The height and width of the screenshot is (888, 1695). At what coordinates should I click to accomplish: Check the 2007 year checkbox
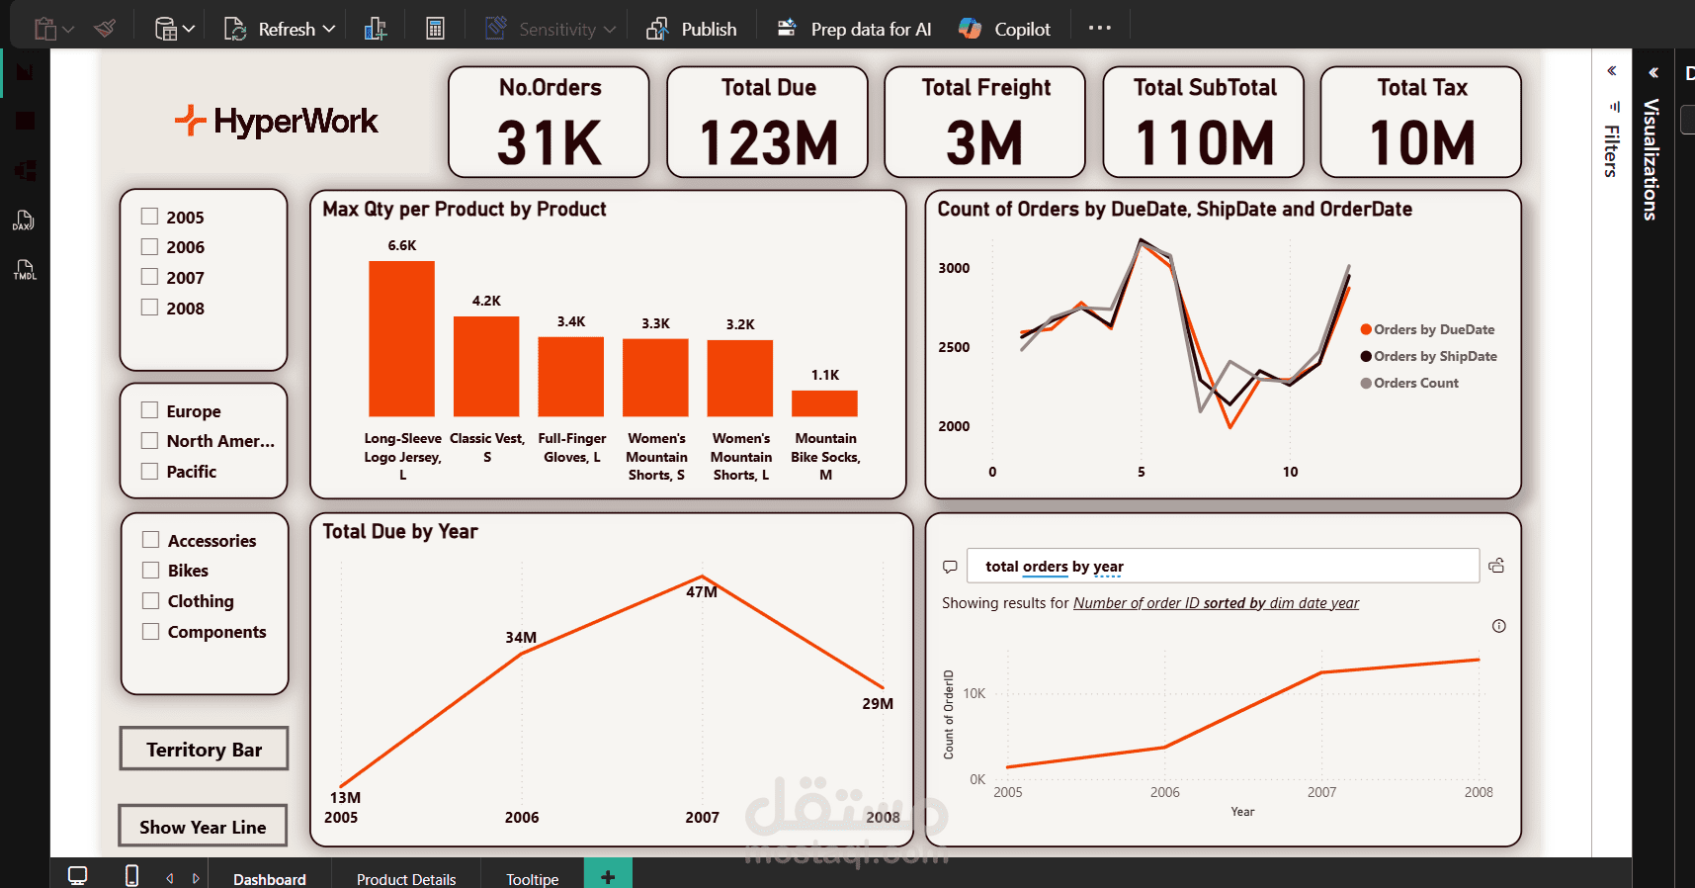(150, 277)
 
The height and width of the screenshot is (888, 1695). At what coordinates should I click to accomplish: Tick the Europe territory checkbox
(150, 410)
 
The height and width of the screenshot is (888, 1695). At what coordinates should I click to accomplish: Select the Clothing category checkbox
(151, 601)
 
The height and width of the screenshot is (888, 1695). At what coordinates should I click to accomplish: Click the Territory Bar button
(204, 750)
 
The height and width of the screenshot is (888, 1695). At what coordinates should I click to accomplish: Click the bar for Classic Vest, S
(486, 366)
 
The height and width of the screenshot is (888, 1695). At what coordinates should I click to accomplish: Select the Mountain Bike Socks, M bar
(824, 403)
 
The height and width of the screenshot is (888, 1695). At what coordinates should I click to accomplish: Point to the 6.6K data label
(401, 245)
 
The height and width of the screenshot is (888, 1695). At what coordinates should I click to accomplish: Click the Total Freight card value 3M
(984, 143)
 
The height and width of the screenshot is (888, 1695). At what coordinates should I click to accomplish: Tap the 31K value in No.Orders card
(550, 143)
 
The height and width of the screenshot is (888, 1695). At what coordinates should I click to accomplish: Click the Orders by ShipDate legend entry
(1434, 356)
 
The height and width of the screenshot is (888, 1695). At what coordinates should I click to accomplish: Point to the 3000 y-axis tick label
(954, 268)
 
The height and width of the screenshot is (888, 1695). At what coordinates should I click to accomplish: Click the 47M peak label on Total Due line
(702, 591)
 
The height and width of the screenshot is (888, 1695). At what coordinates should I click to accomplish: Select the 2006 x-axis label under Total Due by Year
(522, 817)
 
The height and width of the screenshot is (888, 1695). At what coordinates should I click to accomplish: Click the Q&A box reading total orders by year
(1222, 567)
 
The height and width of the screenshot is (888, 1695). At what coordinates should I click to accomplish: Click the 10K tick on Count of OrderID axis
(974, 693)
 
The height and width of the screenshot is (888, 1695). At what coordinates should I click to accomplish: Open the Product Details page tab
(406, 878)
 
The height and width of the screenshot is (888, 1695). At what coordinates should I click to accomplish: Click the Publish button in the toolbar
(692, 29)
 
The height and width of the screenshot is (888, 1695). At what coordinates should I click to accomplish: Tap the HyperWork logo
(277, 122)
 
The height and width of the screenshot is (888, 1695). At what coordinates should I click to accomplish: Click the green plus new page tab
(608, 876)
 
